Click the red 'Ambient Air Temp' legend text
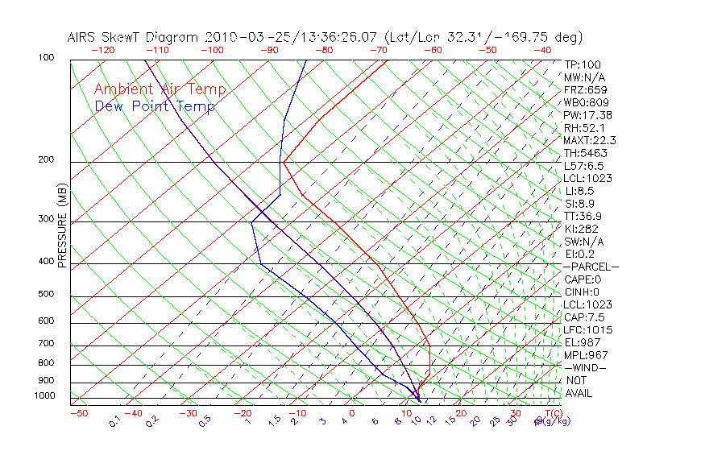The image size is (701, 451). tap(160, 89)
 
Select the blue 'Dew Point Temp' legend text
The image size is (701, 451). tap(155, 106)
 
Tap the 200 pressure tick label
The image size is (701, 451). tap(47, 159)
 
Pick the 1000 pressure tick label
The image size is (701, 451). tap(44, 396)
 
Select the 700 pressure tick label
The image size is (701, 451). tap(47, 344)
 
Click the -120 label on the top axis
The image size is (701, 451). tap(102, 49)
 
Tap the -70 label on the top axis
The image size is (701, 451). tap(377, 49)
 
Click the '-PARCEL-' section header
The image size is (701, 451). tap(591, 267)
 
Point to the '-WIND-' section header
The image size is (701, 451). tap(586, 367)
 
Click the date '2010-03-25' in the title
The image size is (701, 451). tap(244, 37)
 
